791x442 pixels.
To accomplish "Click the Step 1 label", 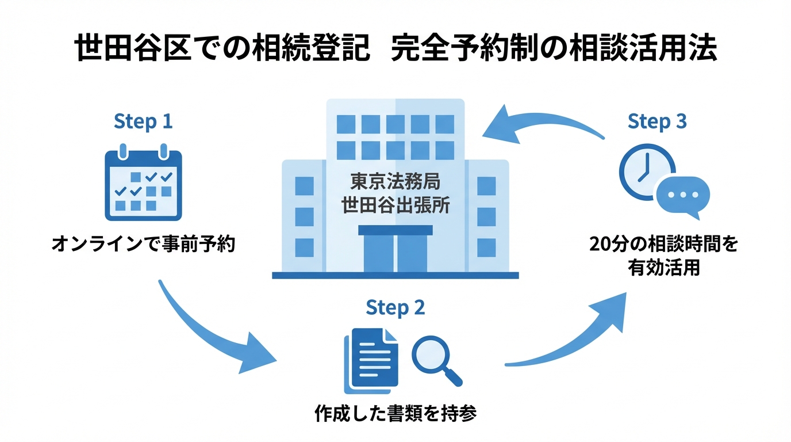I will pyautogui.click(x=143, y=122).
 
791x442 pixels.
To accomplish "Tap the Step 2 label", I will pyautogui.click(x=395, y=307).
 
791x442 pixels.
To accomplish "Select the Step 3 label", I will pyautogui.click(x=657, y=122).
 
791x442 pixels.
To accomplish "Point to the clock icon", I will pyautogui.click(x=646, y=171).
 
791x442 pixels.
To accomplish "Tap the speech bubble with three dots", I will pyautogui.click(x=682, y=196).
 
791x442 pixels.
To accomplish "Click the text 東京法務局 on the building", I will pyautogui.click(x=395, y=182).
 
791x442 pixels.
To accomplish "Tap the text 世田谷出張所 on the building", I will pyautogui.click(x=395, y=205).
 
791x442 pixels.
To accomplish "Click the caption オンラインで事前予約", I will pyautogui.click(x=143, y=245).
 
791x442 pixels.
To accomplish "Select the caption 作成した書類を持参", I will pyautogui.click(x=395, y=414).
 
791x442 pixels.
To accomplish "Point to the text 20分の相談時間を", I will pyautogui.click(x=663, y=245).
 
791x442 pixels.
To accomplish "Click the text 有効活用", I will pyautogui.click(x=663, y=268).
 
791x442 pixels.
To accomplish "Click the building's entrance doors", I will pyautogui.click(x=395, y=252).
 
